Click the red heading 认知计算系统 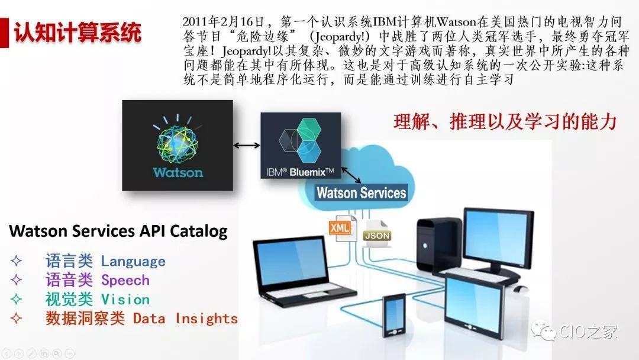tap(78, 33)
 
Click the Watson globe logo tap(177, 139)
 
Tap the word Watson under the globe tap(178, 172)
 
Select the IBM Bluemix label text tap(301, 172)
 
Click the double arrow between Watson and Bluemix tap(247, 145)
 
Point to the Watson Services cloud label tap(362, 192)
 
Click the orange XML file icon tap(341, 228)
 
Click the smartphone tap(393, 315)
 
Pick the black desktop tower tap(439, 245)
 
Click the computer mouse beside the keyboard tap(521, 289)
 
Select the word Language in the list tap(133, 261)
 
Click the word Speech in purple tap(125, 281)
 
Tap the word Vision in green tap(125, 300)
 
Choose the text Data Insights tap(185, 319)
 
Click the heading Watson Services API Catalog tap(118, 231)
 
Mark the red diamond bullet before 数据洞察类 tap(17, 318)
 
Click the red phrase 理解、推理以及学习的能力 tap(505, 121)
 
